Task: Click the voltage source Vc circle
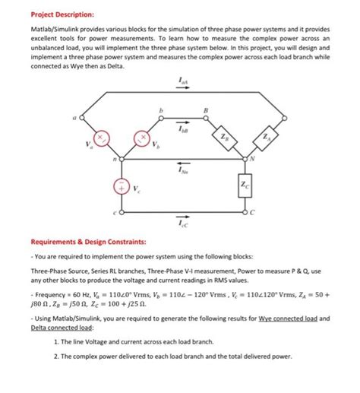point(118,187)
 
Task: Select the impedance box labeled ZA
point(266,138)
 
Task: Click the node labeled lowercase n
point(118,160)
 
